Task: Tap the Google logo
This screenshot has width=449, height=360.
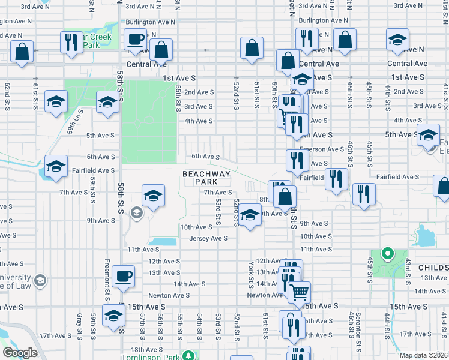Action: tap(20, 353)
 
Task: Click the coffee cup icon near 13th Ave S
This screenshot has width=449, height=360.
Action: tap(124, 277)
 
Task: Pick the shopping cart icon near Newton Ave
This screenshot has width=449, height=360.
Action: tap(298, 292)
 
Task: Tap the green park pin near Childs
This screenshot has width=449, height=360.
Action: tap(387, 254)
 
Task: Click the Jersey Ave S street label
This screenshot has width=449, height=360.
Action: tap(208, 238)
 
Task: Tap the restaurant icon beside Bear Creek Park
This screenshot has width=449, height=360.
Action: tap(71, 43)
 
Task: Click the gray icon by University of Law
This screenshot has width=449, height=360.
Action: tap(40, 280)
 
